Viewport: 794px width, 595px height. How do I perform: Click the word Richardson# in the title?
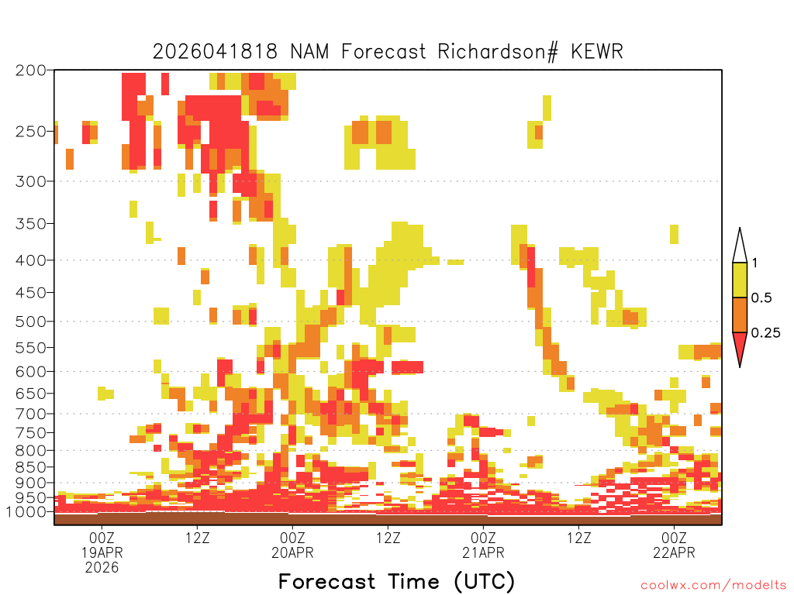click(498, 52)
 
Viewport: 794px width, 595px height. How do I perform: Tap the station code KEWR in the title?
click(597, 51)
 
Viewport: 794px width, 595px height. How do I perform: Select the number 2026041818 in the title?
click(216, 51)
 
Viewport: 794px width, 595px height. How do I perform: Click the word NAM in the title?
click(309, 51)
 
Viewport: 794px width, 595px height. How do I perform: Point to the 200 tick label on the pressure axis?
click(30, 71)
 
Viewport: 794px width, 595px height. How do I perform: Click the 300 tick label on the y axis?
click(30, 181)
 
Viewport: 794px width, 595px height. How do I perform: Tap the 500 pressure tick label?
click(30, 322)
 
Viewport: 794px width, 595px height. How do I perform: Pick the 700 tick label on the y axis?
click(30, 414)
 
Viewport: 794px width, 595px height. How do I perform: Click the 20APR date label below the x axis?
click(292, 552)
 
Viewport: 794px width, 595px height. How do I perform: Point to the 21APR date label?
click(484, 552)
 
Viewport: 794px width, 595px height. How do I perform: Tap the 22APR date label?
click(674, 552)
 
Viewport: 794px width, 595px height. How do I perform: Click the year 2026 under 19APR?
click(102, 568)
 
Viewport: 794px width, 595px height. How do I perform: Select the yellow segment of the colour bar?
click(740, 280)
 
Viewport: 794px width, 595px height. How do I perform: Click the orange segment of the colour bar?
click(740, 315)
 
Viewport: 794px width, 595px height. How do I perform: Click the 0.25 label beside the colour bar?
click(765, 333)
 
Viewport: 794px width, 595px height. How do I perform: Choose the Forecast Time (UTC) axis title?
click(396, 582)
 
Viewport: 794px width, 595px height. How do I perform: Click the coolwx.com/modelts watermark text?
click(713, 586)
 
